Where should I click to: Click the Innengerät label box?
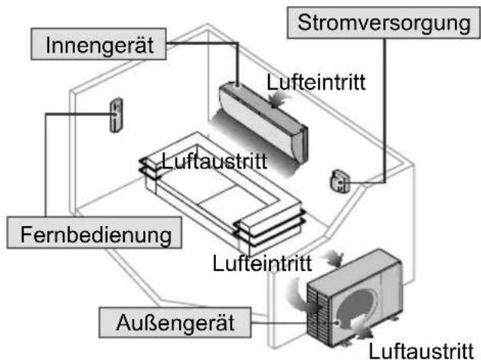[99, 44]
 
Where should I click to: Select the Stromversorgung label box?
[384, 22]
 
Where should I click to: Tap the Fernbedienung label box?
[94, 232]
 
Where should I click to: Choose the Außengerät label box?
[175, 322]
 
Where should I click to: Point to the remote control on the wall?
[116, 115]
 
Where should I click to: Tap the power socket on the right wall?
[340, 181]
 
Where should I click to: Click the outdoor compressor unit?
[355, 297]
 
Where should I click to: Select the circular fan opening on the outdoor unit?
[358, 306]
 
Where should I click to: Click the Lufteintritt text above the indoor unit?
[316, 82]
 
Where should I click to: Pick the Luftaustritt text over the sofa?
[214, 161]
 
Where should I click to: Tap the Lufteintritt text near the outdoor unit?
[262, 263]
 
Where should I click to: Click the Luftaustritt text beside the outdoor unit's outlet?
[421, 350]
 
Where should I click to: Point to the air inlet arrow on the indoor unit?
[277, 99]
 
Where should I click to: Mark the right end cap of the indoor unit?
[300, 144]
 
